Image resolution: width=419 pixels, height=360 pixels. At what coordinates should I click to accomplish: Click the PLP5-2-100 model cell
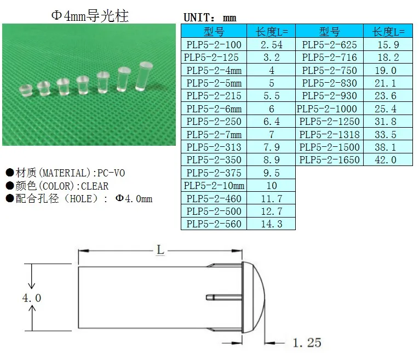(x=214, y=44)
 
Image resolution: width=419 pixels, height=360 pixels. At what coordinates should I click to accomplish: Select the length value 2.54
(x=271, y=44)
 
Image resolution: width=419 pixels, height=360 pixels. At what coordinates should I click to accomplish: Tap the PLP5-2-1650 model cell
(x=330, y=160)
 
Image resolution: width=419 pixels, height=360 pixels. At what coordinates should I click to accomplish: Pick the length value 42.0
(x=385, y=160)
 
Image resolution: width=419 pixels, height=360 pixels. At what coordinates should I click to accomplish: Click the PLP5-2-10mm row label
(x=214, y=186)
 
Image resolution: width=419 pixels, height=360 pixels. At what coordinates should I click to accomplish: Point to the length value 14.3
(x=271, y=224)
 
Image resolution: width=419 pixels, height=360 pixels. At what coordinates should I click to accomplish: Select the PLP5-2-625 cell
(x=330, y=44)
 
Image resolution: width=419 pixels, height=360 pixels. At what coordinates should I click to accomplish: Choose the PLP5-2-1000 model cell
(x=327, y=108)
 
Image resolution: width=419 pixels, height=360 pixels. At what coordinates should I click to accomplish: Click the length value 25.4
(x=385, y=108)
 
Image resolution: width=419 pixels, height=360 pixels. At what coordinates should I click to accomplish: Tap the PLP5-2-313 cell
(x=214, y=147)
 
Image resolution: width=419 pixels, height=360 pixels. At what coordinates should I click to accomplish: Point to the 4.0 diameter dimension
(x=31, y=298)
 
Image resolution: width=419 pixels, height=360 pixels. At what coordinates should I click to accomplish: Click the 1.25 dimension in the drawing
(x=307, y=343)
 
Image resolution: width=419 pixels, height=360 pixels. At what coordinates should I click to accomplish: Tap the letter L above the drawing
(x=160, y=250)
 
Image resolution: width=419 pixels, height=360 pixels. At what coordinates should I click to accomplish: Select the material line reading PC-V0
(x=66, y=173)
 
